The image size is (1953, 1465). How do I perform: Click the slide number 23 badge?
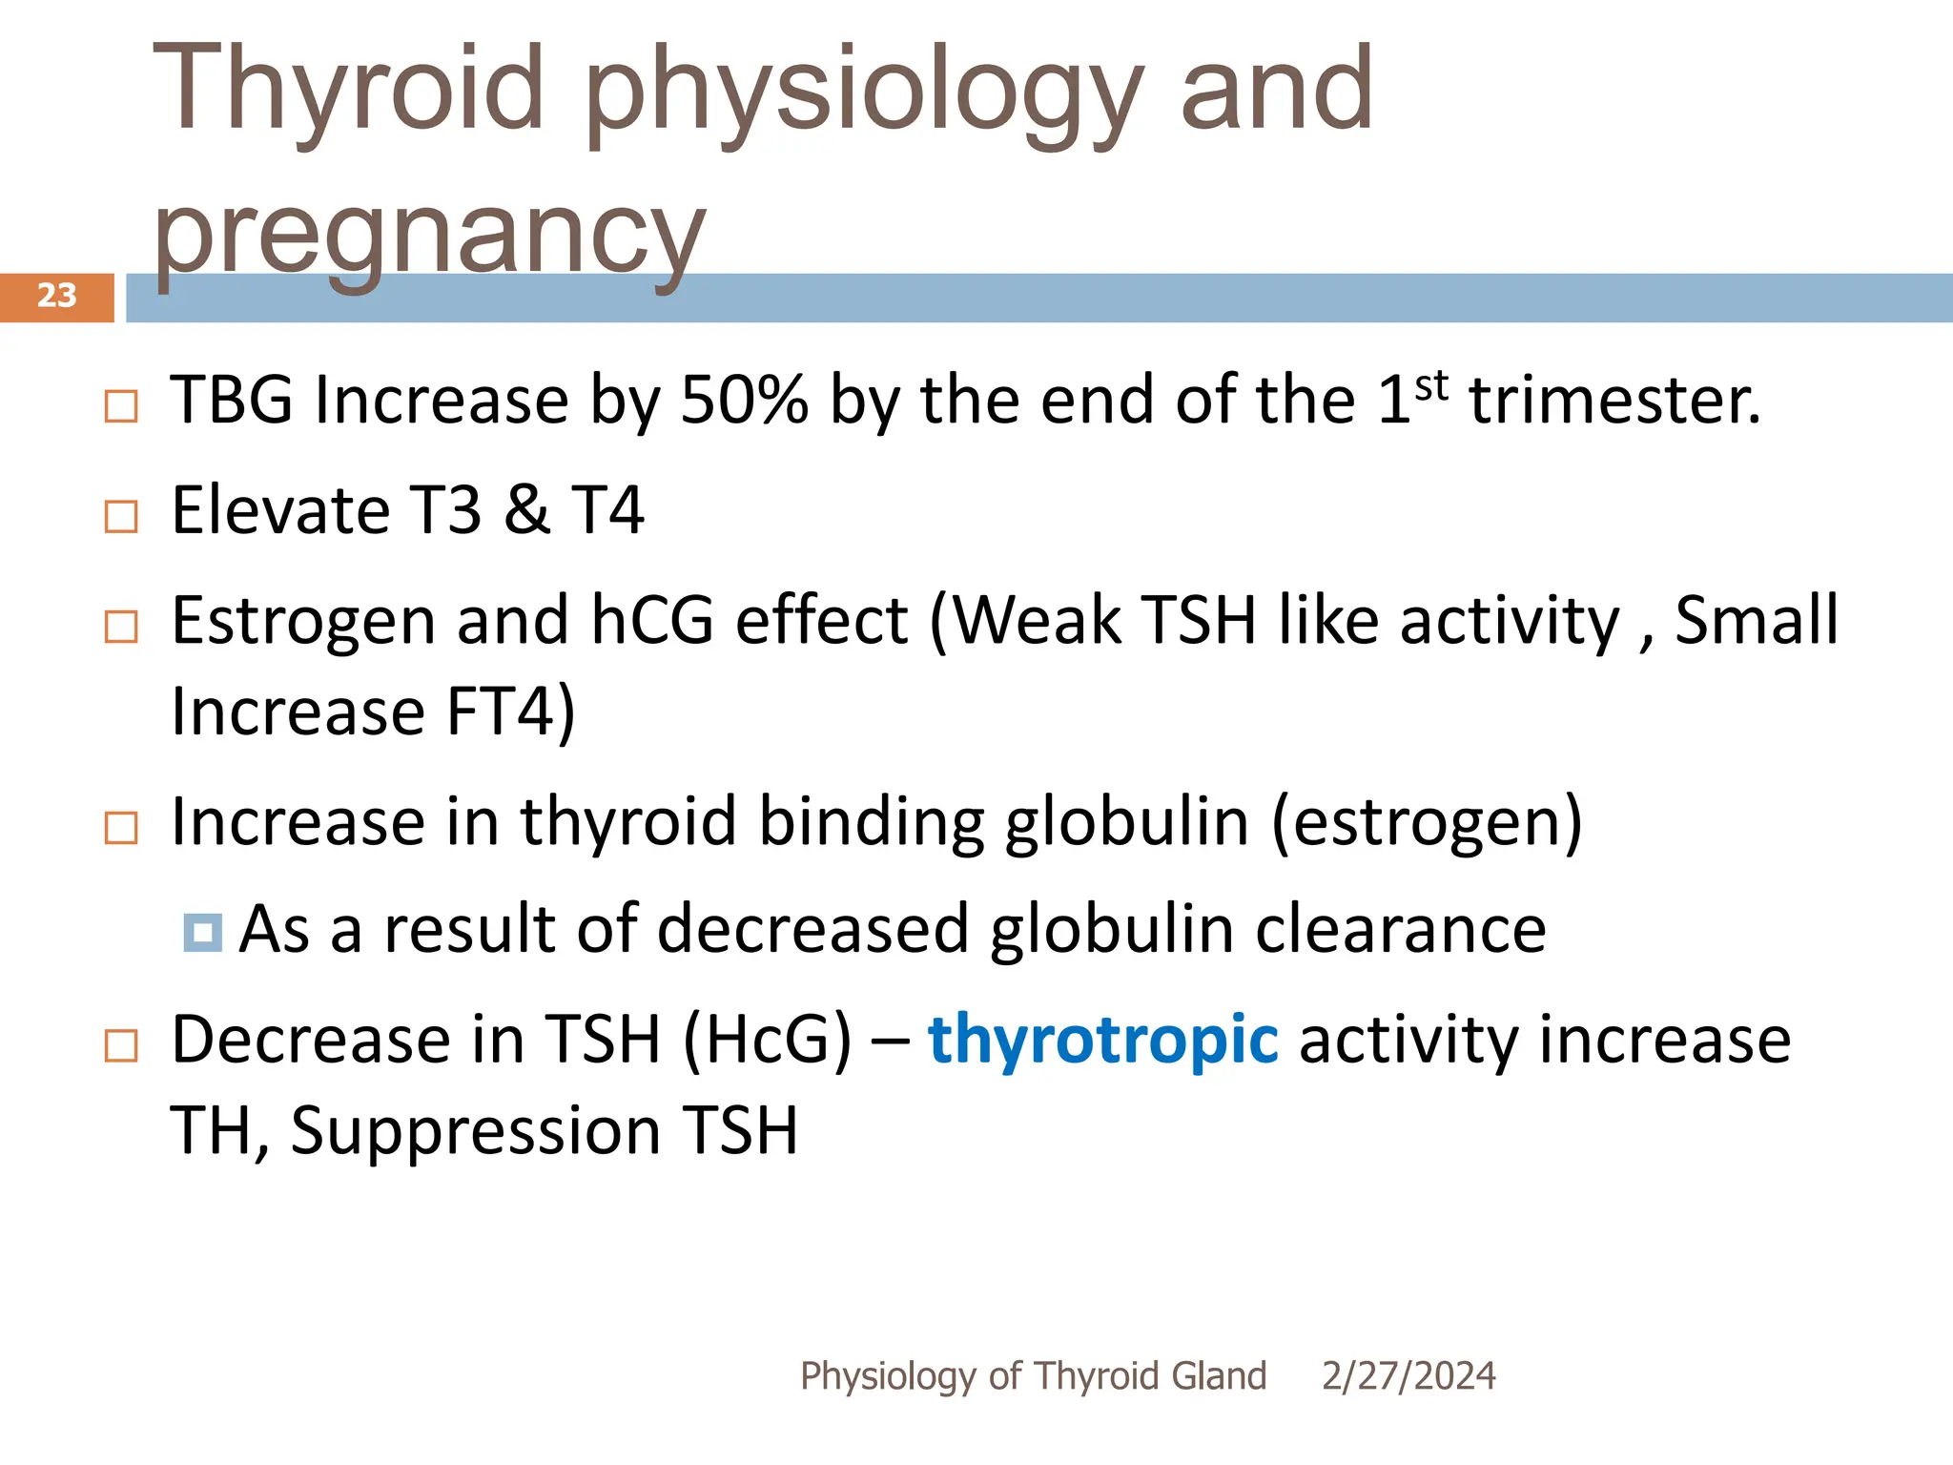point(56,296)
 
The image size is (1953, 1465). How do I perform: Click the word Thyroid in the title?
point(348,90)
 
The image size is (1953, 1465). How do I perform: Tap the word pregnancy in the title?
point(429,234)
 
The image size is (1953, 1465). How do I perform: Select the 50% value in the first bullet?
point(744,400)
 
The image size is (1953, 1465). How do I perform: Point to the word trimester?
point(1614,400)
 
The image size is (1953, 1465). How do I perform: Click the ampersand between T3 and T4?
point(526,510)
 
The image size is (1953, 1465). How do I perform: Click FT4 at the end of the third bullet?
point(500,712)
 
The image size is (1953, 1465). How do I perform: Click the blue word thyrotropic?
point(1102,1040)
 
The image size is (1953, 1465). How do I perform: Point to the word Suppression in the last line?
point(475,1131)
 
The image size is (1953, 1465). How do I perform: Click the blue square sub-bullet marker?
point(203,933)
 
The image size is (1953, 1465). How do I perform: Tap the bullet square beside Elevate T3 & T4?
point(121,517)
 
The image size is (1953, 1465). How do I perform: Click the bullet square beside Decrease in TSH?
point(121,1046)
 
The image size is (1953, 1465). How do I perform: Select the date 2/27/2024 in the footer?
point(1408,1376)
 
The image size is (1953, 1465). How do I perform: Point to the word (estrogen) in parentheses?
point(1427,822)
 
